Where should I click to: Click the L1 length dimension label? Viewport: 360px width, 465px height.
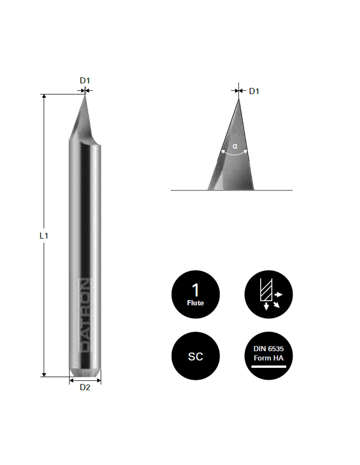pyautogui.click(x=44, y=236)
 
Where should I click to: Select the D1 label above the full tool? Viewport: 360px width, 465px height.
pyautogui.click(x=85, y=80)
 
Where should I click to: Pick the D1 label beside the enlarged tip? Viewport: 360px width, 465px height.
pyautogui.click(x=254, y=91)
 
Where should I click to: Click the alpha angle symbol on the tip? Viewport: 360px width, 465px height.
pyautogui.click(x=235, y=146)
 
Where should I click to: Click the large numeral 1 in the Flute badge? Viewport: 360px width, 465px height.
pyautogui.click(x=195, y=290)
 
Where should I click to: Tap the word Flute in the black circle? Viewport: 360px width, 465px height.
pyautogui.click(x=195, y=303)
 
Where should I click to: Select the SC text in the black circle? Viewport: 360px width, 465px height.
pyautogui.click(x=195, y=357)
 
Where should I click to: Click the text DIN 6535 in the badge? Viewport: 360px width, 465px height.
pyautogui.click(x=269, y=349)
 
